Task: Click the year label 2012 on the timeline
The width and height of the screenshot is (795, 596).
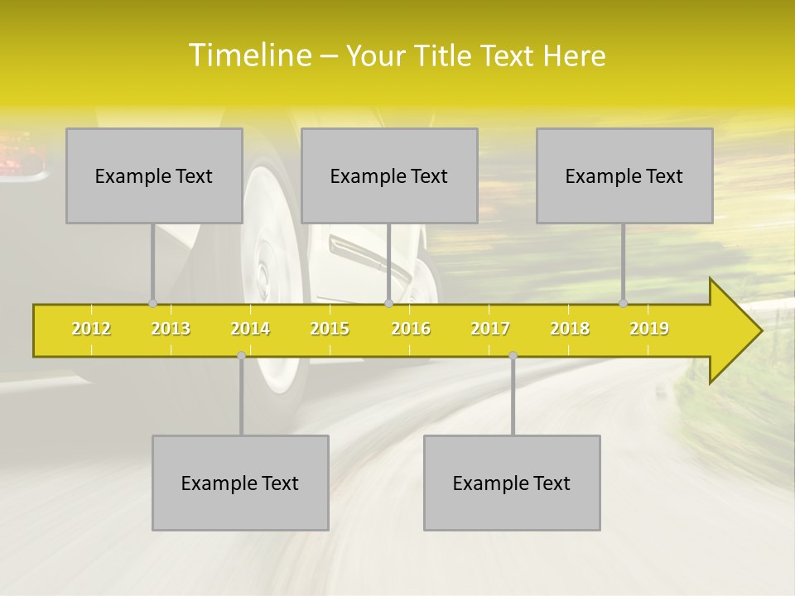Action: pyautogui.click(x=91, y=329)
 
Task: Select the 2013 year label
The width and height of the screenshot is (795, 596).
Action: pyautogui.click(x=171, y=329)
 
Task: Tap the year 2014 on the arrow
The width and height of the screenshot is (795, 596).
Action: pyautogui.click(x=250, y=329)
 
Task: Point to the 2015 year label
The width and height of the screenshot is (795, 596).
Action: pyautogui.click(x=330, y=329)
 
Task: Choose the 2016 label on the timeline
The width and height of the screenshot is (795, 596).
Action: pyautogui.click(x=411, y=329)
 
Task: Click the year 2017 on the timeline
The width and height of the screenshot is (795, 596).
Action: pyautogui.click(x=490, y=329)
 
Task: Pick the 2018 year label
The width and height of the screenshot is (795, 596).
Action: pyautogui.click(x=570, y=329)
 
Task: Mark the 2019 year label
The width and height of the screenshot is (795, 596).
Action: pyautogui.click(x=649, y=329)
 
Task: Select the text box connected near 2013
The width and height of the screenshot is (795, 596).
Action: pyautogui.click(x=154, y=175)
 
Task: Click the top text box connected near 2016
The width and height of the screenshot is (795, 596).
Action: pyautogui.click(x=389, y=175)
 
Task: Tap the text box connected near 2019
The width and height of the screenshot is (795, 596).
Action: pyautogui.click(x=624, y=175)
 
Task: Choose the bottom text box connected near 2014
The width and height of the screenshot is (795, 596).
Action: pyautogui.click(x=240, y=483)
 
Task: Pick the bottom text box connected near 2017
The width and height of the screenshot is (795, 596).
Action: pyautogui.click(x=512, y=483)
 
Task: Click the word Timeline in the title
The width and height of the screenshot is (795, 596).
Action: pyautogui.click(x=248, y=55)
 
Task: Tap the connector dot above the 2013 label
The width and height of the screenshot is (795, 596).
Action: pyautogui.click(x=152, y=304)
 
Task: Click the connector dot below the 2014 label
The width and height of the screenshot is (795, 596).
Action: pyautogui.click(x=241, y=355)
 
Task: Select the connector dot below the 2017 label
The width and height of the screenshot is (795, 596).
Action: pyautogui.click(x=513, y=355)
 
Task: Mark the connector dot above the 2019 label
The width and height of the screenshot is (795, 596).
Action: pyautogui.click(x=624, y=304)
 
